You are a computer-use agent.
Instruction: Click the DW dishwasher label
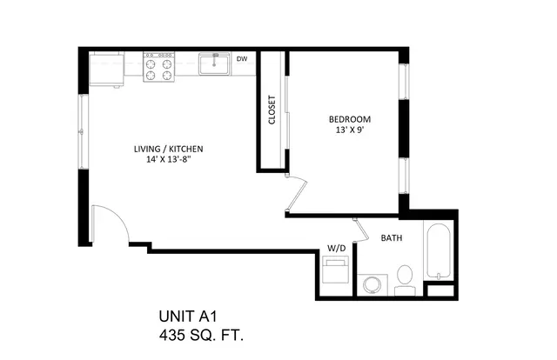click(x=242, y=59)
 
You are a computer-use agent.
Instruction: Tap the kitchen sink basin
click(x=214, y=63)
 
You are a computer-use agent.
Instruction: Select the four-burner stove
click(x=158, y=67)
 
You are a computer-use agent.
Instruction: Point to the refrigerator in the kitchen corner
click(x=106, y=70)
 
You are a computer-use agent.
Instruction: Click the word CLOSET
click(x=272, y=110)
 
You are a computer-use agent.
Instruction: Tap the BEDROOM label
click(x=350, y=119)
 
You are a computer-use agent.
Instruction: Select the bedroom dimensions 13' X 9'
click(x=350, y=130)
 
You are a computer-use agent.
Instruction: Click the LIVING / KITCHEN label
click(x=168, y=149)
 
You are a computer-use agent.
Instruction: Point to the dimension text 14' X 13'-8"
click(x=169, y=160)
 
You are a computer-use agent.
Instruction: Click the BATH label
click(x=392, y=238)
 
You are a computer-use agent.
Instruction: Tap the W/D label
click(x=337, y=248)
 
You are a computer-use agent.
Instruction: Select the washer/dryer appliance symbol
click(x=335, y=270)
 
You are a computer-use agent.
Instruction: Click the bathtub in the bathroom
click(x=439, y=251)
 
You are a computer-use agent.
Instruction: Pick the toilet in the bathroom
click(x=405, y=281)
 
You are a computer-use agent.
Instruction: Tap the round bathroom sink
click(x=372, y=285)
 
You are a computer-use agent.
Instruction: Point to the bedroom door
click(x=297, y=194)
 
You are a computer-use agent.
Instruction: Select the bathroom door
click(x=360, y=230)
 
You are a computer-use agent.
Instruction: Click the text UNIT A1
click(x=188, y=317)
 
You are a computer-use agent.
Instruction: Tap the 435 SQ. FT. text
click(x=201, y=335)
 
